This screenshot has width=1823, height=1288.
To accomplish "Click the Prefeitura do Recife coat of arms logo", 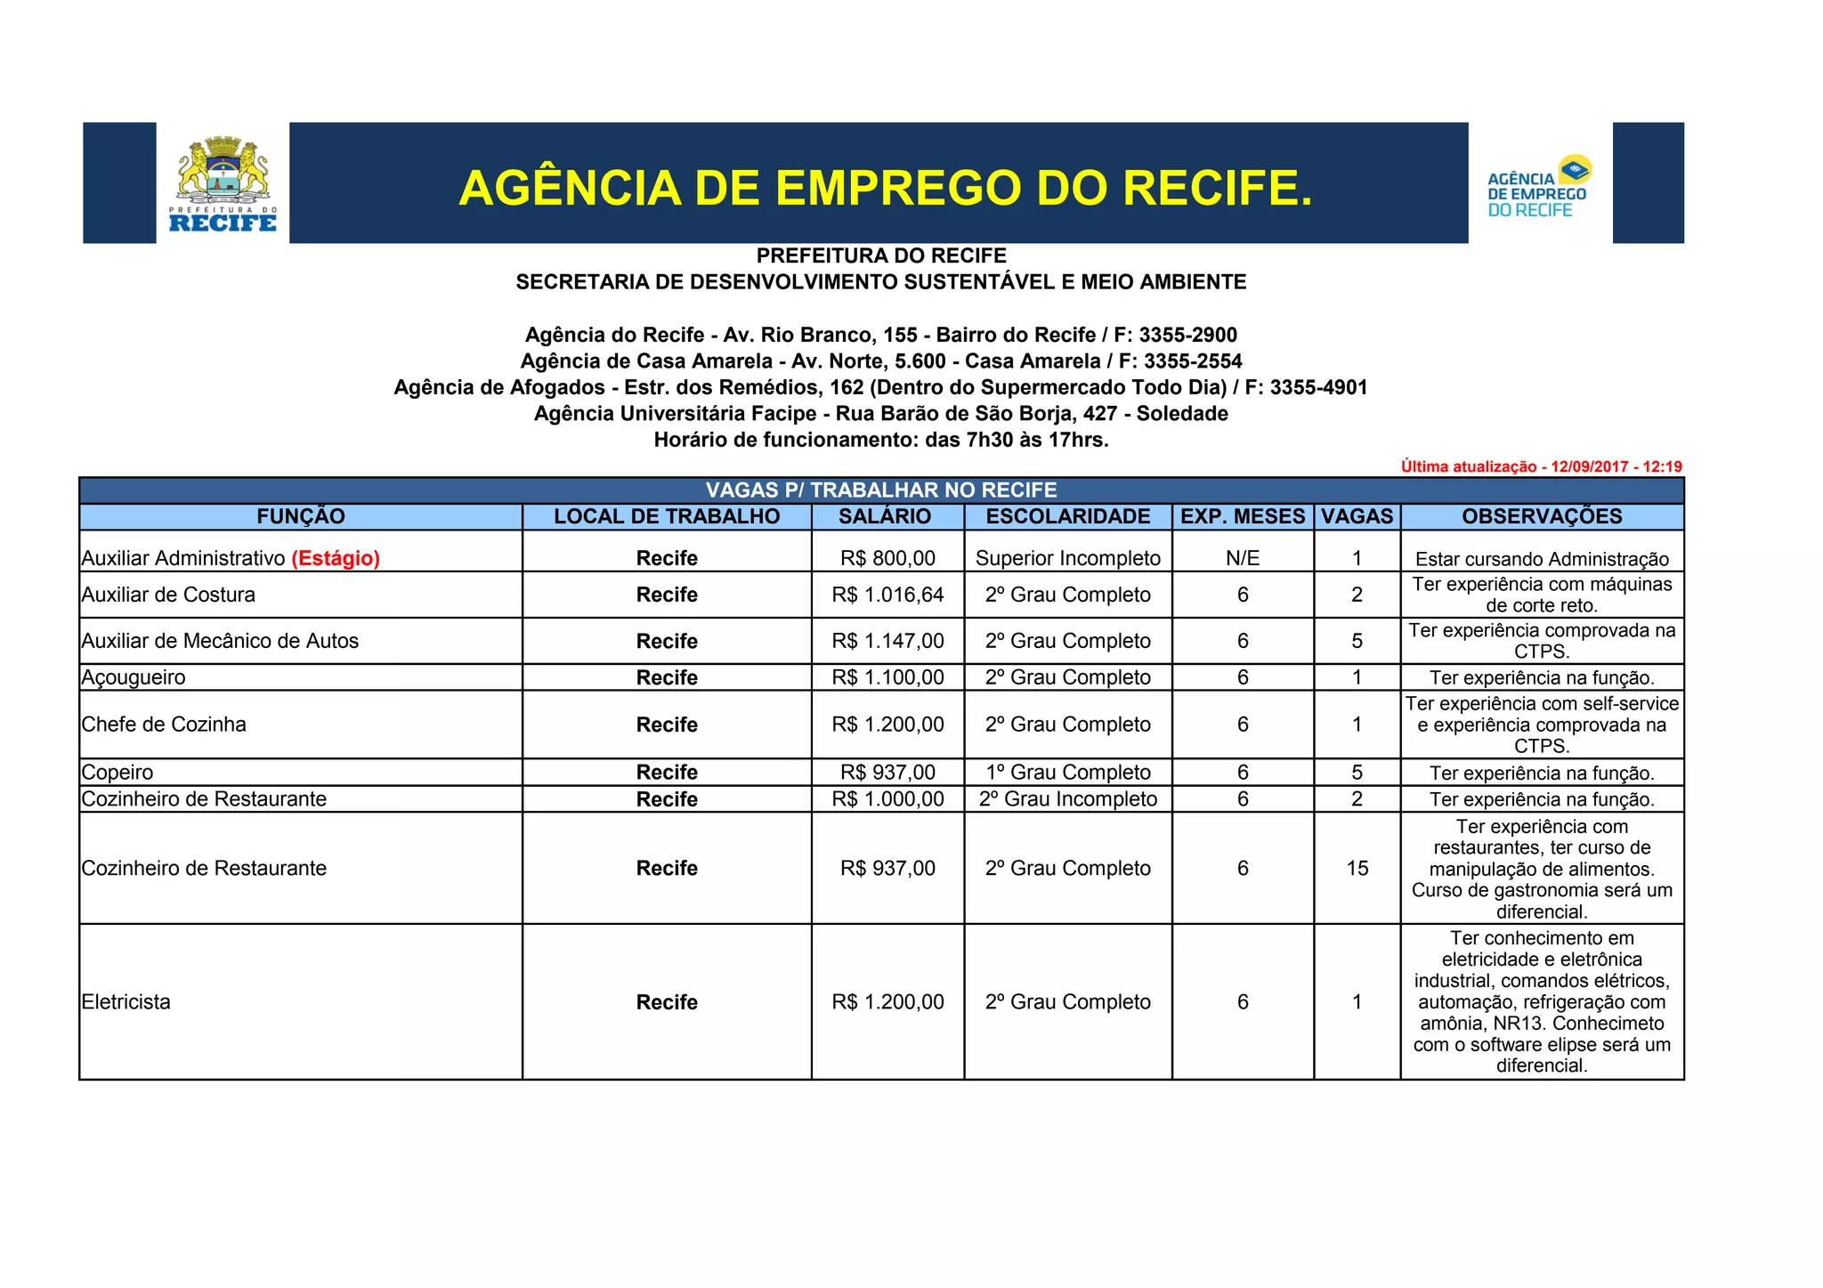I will coord(223,183).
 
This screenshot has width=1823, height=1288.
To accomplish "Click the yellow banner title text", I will coord(885,188).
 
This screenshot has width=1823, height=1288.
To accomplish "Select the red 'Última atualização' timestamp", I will coord(1541,466).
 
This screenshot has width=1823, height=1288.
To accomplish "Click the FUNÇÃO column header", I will coord(301,516).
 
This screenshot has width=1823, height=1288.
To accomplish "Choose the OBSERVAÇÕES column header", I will coord(1542,516).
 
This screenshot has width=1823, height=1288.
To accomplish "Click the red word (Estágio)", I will coord(336,558).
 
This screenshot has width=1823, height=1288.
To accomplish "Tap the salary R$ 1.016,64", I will coord(887,595).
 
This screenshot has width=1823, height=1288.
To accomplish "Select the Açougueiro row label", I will coord(134,677).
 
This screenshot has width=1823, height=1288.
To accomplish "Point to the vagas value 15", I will coord(1357,868).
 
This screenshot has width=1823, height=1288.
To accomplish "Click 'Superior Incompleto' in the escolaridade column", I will coord(1068,558).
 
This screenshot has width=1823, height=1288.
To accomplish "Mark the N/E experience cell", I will coord(1243,558).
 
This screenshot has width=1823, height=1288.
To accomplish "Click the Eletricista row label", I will coord(126,1002).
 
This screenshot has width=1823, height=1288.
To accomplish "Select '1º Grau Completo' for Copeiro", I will coord(1068,773).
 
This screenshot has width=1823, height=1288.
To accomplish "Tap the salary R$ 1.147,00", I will coord(887,641).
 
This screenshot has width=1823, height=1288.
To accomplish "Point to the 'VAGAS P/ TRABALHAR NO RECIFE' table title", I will coord(881,490).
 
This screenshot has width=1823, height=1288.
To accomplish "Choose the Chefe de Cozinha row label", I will coord(164,725).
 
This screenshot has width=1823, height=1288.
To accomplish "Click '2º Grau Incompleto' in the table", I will coord(1068,799).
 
